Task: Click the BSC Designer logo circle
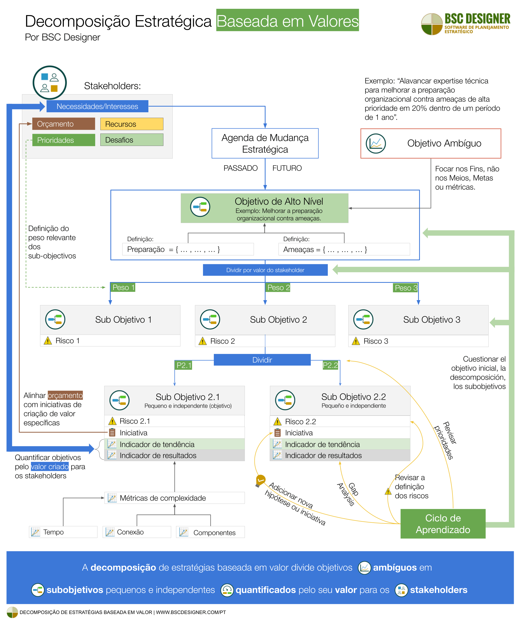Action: [432, 24]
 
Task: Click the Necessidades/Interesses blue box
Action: [97, 106]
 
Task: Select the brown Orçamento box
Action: [64, 124]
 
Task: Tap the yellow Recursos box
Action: [132, 124]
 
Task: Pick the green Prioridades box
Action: [64, 140]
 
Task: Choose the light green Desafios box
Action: [132, 140]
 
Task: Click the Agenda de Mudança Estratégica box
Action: [265, 143]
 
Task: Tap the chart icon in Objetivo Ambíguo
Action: [376, 144]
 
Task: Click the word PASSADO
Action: [240, 168]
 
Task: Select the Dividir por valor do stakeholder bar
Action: [265, 270]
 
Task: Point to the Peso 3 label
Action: [406, 288]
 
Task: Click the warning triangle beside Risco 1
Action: [48, 341]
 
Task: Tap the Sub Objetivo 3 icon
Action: [363, 319]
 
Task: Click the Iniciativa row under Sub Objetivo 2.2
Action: [339, 433]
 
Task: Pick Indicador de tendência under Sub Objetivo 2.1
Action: [174, 445]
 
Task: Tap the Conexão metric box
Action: [137, 532]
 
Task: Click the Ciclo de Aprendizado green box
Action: [442, 524]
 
